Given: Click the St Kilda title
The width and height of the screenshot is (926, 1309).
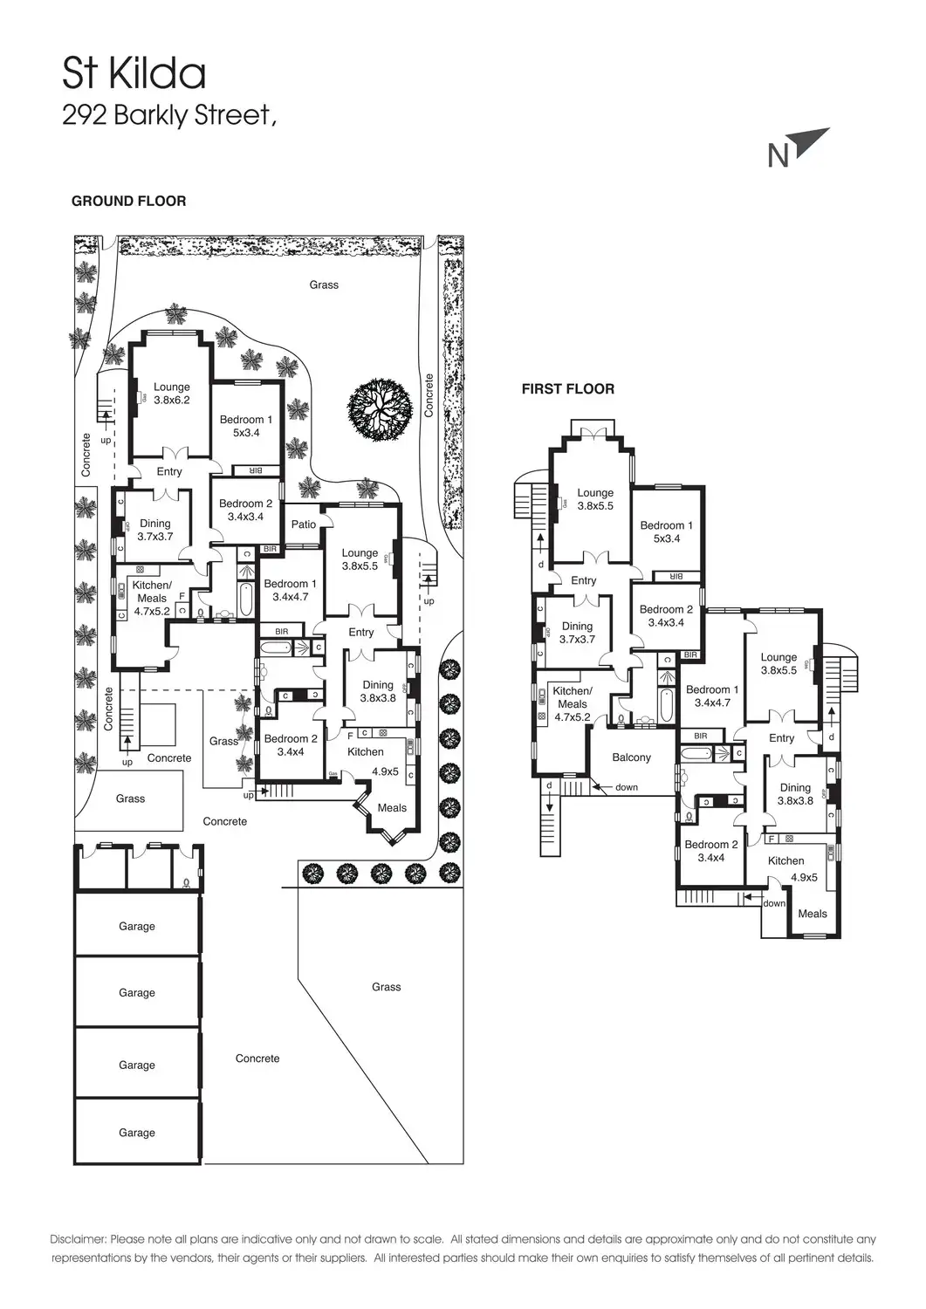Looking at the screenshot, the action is click(134, 74).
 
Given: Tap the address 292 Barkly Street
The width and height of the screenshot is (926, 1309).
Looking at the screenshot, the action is click(168, 115).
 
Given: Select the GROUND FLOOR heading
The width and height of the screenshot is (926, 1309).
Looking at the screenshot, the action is click(128, 201).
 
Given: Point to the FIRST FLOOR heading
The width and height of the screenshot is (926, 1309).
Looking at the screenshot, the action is click(567, 389).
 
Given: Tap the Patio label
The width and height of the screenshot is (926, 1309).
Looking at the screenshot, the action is click(304, 524).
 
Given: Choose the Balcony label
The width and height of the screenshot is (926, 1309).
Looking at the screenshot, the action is click(631, 757).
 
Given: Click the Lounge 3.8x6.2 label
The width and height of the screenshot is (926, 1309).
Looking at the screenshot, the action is click(172, 394).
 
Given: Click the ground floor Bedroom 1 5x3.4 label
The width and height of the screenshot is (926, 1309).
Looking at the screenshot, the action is click(246, 426).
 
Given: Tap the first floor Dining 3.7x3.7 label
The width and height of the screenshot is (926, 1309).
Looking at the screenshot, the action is click(577, 633).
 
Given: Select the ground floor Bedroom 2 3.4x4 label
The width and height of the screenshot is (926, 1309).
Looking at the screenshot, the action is click(291, 744).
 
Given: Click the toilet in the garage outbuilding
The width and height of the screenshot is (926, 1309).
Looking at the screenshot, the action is click(188, 883).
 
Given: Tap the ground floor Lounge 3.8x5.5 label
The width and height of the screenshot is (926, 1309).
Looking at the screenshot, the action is click(360, 559).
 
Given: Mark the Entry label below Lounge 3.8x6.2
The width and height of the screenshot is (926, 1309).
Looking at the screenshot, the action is click(169, 471).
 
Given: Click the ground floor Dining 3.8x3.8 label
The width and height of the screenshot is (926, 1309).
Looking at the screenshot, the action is click(378, 691).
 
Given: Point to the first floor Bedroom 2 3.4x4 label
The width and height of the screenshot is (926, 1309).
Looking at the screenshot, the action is click(711, 851).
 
